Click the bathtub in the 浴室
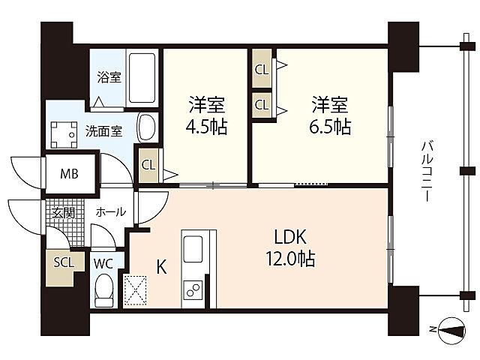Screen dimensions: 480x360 point(142,78)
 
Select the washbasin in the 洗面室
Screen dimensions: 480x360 point(147,128)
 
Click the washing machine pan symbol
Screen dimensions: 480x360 point(64,135)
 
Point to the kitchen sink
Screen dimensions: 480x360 point(193,248)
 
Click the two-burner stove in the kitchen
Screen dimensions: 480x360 point(193,289)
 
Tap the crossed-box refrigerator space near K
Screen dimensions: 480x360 point(135,290)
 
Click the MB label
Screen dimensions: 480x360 point(70,174)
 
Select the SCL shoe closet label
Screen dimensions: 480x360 point(64,262)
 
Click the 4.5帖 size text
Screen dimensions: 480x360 point(207,127)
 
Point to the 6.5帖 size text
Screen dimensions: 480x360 point(330,127)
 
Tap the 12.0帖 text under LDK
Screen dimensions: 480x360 point(290,259)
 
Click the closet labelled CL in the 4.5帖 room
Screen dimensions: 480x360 point(148,165)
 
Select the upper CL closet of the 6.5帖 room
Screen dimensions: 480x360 point(262,69)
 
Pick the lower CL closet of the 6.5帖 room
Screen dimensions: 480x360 point(262,105)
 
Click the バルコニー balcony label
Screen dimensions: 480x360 point(427,170)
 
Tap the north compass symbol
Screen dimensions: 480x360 point(451,331)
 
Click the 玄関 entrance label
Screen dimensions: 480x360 point(63,213)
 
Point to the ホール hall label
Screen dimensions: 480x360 point(110,211)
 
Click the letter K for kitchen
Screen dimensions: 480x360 point(162,267)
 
